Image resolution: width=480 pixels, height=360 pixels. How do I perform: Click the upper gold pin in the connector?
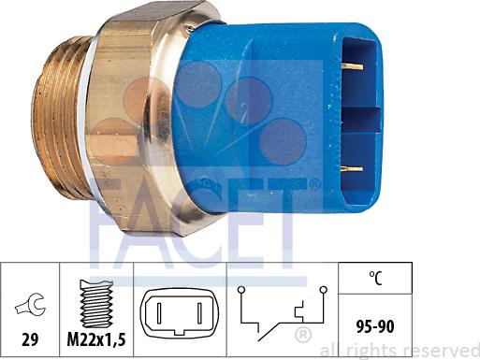click(353, 66)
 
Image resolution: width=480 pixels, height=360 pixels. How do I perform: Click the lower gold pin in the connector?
click(353, 169)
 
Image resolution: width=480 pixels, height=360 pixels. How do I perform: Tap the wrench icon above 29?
click(30, 303)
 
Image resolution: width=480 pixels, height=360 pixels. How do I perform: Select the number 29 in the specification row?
click(30, 339)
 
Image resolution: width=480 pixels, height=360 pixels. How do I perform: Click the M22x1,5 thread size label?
click(96, 339)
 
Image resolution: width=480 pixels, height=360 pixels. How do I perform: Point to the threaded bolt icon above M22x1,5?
click(96, 302)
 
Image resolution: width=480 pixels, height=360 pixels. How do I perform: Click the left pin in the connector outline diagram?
click(159, 312)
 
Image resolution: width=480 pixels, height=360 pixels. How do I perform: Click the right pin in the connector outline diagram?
click(200, 312)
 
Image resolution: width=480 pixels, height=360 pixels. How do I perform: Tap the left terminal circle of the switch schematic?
click(240, 290)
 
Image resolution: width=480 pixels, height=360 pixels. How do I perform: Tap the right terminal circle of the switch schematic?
click(324, 290)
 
